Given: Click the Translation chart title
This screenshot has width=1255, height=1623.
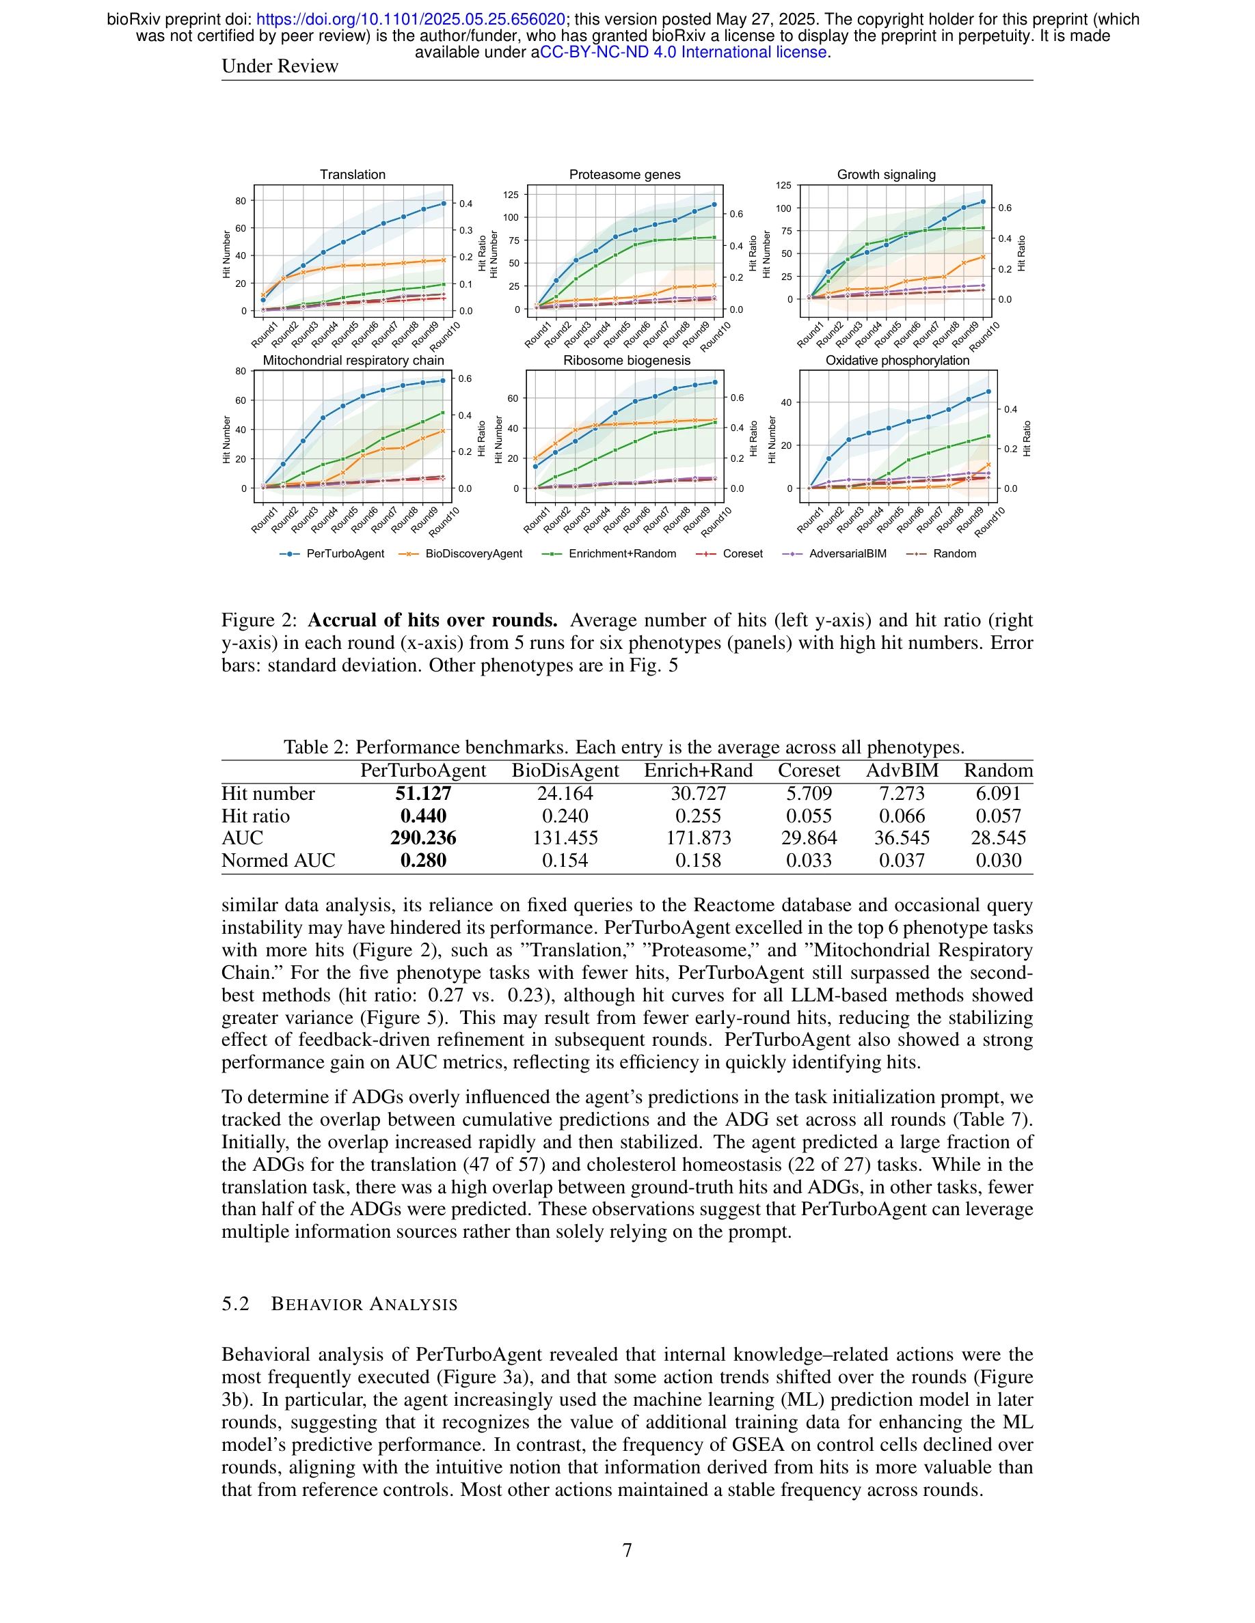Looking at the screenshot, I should [x=353, y=175].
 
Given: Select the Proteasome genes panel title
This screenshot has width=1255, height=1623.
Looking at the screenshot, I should [x=625, y=175].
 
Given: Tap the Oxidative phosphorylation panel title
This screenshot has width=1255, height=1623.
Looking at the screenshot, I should [x=898, y=361].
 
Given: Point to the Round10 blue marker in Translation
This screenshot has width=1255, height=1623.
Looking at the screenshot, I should [x=444, y=203].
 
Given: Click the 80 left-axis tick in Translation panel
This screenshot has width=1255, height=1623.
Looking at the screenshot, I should [x=240, y=201].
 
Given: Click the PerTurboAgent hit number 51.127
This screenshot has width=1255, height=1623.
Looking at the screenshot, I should [x=423, y=794].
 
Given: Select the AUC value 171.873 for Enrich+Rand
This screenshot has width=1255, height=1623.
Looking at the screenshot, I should [x=698, y=838].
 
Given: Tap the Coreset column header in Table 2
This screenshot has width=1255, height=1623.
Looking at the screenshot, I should [x=809, y=771].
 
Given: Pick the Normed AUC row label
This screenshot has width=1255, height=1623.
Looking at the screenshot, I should [x=278, y=861].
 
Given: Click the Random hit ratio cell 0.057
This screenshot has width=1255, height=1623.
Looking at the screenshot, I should [x=998, y=816].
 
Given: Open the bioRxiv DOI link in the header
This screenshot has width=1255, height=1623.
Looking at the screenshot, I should [x=410, y=20].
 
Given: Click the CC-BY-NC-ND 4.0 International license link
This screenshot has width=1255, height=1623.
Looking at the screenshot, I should [x=684, y=52].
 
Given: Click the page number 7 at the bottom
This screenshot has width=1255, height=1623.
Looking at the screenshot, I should [x=627, y=1550].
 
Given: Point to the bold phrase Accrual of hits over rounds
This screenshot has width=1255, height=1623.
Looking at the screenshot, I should [x=432, y=620].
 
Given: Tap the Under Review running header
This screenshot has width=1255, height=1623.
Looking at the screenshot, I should [x=280, y=67].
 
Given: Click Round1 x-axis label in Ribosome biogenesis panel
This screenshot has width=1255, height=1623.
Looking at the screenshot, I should [x=537, y=519].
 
